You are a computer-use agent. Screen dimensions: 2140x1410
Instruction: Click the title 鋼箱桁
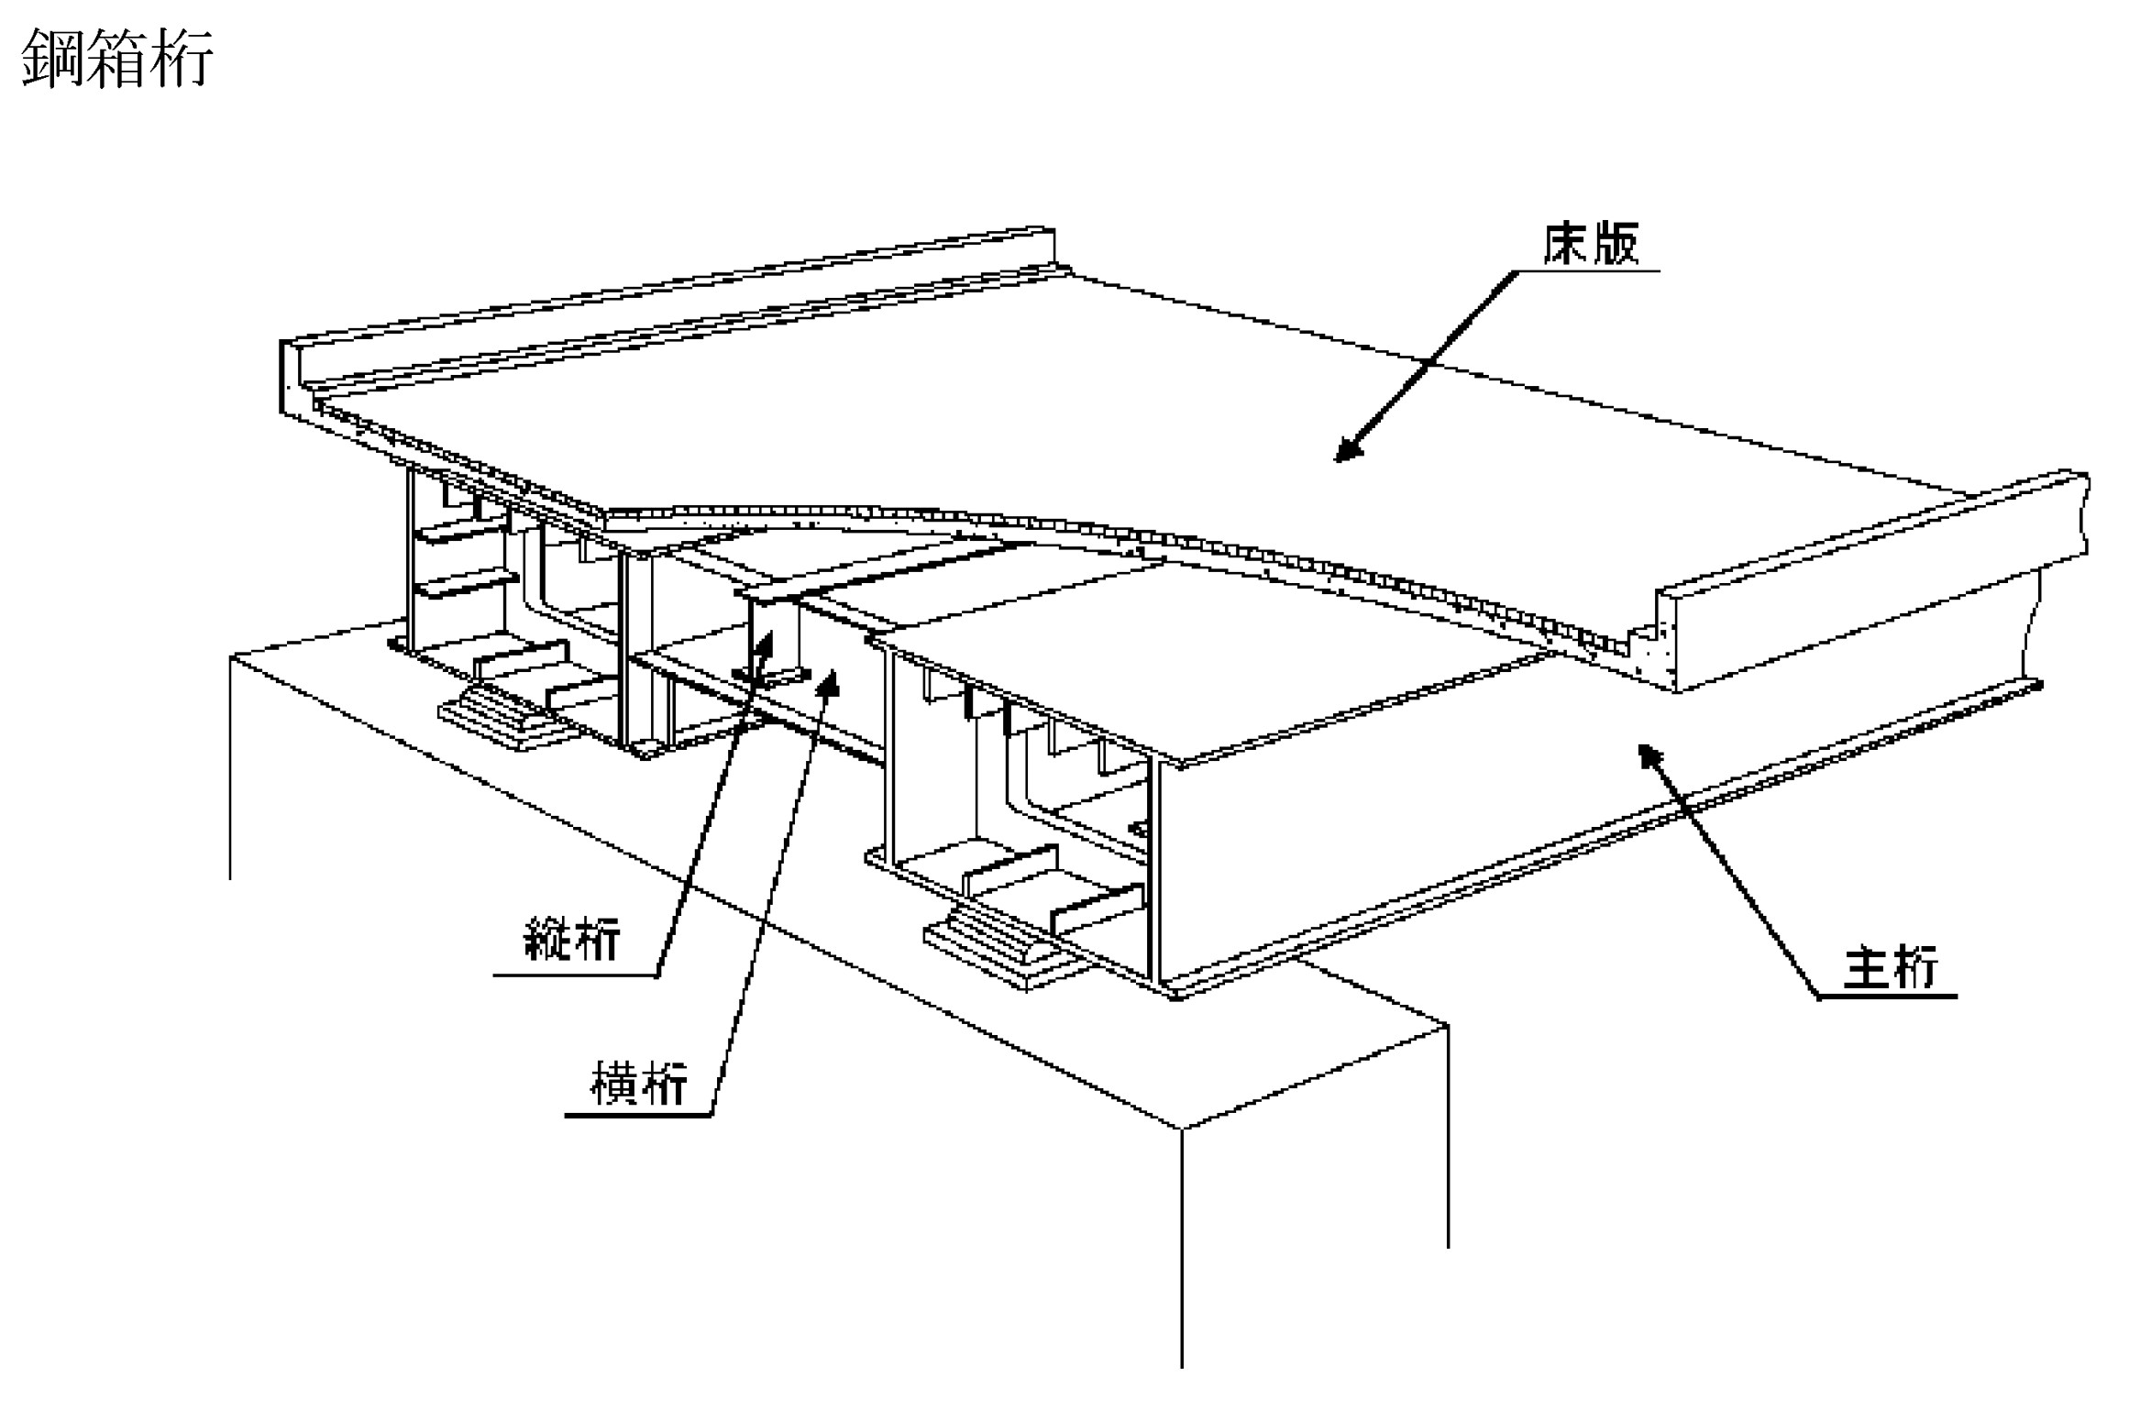[117, 58]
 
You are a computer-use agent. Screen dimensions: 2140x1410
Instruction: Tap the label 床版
[1591, 244]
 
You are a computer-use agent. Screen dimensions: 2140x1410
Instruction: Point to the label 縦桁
[571, 938]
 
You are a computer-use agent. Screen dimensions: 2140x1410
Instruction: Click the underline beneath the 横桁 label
[638, 1115]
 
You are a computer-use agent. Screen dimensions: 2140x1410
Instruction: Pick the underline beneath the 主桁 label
[1887, 997]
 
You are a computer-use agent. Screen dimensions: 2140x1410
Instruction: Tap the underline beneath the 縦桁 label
[576, 975]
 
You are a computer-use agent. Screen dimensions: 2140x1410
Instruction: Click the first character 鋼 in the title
[52, 58]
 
